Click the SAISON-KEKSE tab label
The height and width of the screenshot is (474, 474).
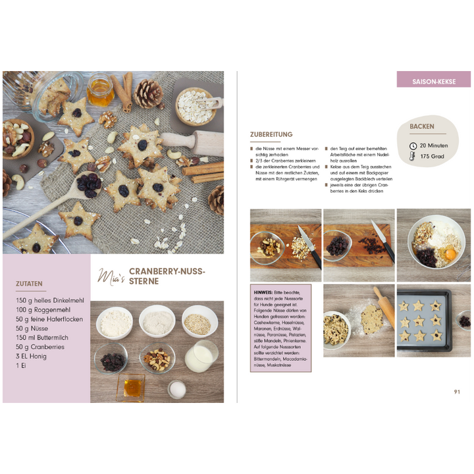click(434, 82)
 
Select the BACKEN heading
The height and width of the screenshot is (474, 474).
click(422, 126)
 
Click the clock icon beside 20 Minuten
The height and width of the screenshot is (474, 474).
click(413, 145)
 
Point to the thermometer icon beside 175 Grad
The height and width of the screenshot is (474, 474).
click(413, 157)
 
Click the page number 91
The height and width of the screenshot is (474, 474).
click(457, 392)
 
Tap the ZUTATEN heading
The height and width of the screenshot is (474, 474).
click(31, 284)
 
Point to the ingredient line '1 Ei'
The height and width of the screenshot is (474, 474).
click(22, 365)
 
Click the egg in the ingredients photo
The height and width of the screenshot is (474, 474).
click(177, 389)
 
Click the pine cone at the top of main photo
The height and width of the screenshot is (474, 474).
click(148, 93)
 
